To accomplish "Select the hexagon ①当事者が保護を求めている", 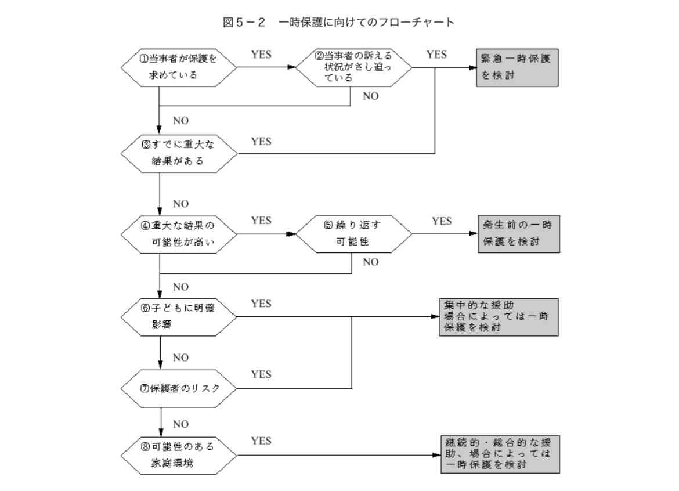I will point(179,67).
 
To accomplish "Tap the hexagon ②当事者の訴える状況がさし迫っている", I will point(353,67).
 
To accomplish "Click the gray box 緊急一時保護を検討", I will point(517,67).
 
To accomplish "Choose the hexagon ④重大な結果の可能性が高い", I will point(179,234).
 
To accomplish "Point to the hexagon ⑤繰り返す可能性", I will point(353,234).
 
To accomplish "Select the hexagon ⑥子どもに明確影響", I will point(179,317).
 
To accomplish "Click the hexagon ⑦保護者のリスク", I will point(179,388).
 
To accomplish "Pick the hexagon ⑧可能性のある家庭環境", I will point(179,455).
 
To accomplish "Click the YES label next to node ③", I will point(261,141).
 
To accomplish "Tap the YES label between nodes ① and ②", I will point(261,55).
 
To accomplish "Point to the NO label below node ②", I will point(370,96).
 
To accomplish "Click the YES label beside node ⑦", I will point(261,374).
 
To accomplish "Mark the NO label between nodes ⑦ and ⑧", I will point(180,424).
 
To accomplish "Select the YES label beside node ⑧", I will point(261,441).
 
